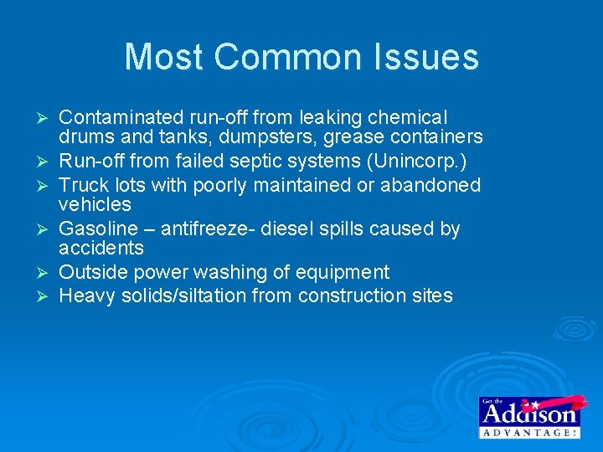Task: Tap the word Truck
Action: click(x=82, y=184)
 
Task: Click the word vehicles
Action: click(x=95, y=204)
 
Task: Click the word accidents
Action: click(x=100, y=249)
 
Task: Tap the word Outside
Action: click(x=93, y=272)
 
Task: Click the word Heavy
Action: click(x=84, y=295)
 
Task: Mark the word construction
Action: click(x=350, y=295)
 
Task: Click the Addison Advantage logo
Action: click(x=528, y=416)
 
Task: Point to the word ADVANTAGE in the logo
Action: click(x=528, y=432)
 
